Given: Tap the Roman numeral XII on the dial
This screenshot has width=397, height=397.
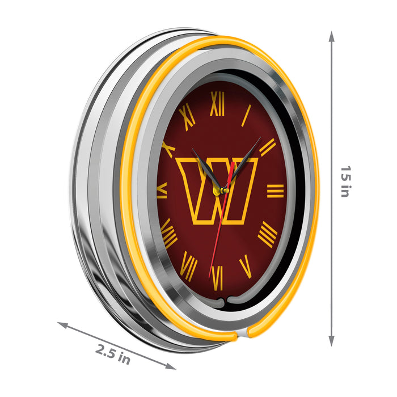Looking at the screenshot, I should (218, 104).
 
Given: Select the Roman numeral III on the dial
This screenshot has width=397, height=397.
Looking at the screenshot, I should (276, 191).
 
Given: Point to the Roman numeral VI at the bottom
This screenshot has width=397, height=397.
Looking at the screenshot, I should (217, 278).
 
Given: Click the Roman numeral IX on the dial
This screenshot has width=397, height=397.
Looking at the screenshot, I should (162, 190).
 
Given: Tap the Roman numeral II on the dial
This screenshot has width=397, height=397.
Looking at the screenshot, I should (267, 147).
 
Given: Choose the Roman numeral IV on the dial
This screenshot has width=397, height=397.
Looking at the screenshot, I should (268, 234).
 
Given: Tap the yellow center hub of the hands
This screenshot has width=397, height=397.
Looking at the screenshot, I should (217, 192).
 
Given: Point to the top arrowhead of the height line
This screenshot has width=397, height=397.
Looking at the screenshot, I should (332, 35).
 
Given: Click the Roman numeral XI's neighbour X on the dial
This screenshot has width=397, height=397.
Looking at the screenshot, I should (168, 149).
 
